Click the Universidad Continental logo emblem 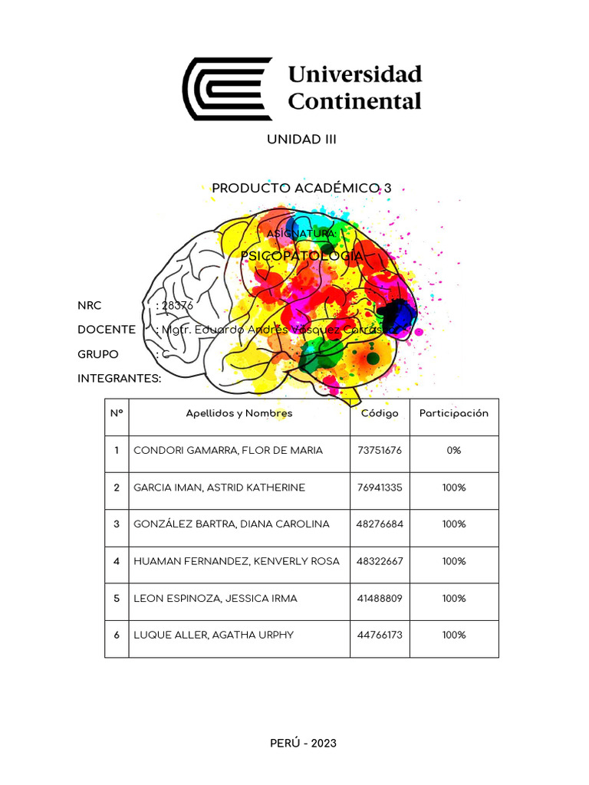click(x=227, y=88)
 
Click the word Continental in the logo click(x=354, y=101)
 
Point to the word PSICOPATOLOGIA click(x=301, y=255)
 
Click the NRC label click(x=90, y=305)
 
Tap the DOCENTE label click(x=107, y=330)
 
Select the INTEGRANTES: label click(x=120, y=379)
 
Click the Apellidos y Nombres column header click(x=239, y=413)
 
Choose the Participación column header click(x=454, y=413)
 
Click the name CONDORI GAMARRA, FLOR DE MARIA click(x=229, y=451)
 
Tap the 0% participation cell click(x=454, y=451)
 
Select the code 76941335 click(x=380, y=488)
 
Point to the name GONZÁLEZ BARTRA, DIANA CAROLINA click(x=232, y=524)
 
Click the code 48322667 click(x=380, y=561)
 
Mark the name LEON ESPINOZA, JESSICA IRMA click(x=216, y=598)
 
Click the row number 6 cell click(x=117, y=635)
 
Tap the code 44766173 click(x=380, y=635)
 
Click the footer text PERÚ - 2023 click(x=303, y=743)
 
